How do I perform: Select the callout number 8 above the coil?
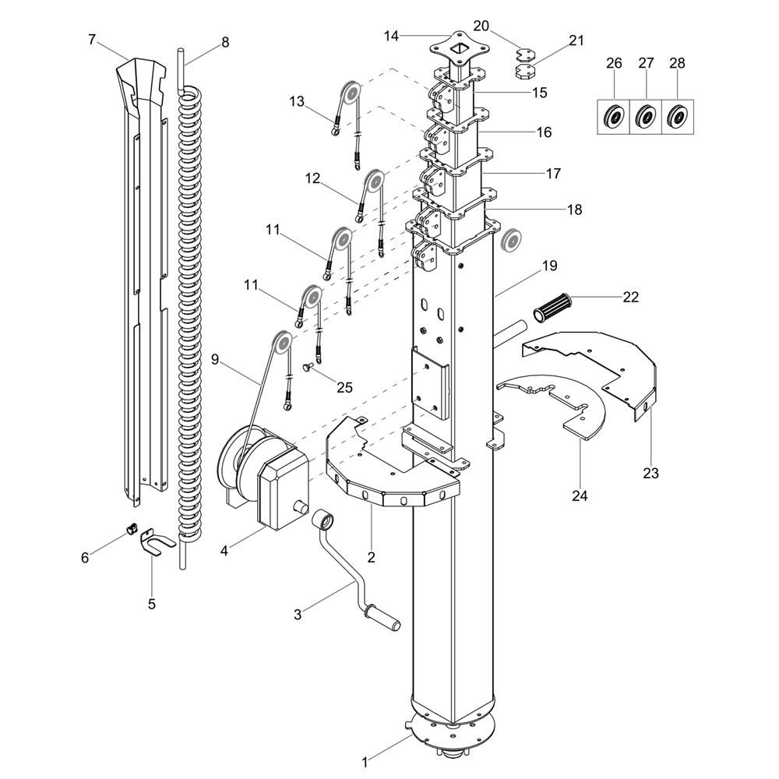[225, 42]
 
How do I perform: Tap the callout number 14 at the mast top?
[391, 35]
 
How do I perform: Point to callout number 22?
[630, 296]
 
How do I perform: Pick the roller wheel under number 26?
[614, 118]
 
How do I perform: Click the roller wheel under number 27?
[645, 118]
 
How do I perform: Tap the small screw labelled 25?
[309, 365]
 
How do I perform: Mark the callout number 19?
[550, 266]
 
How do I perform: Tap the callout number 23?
[650, 473]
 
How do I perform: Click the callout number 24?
[581, 495]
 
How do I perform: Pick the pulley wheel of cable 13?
[350, 93]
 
